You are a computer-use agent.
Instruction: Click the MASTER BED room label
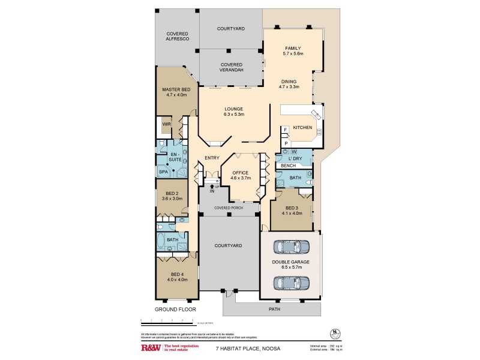[x=176, y=92]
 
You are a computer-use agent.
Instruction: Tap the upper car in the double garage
[x=291, y=247]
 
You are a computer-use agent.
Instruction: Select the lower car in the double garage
[x=291, y=281]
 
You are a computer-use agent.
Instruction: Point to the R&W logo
[x=149, y=347]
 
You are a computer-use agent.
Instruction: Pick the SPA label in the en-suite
[x=163, y=172]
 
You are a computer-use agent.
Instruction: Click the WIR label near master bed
[x=166, y=125]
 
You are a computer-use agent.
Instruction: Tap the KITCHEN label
[x=302, y=128]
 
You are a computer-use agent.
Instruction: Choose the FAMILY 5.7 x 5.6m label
[x=293, y=51]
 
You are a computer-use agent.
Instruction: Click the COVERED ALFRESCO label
[x=178, y=35]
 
